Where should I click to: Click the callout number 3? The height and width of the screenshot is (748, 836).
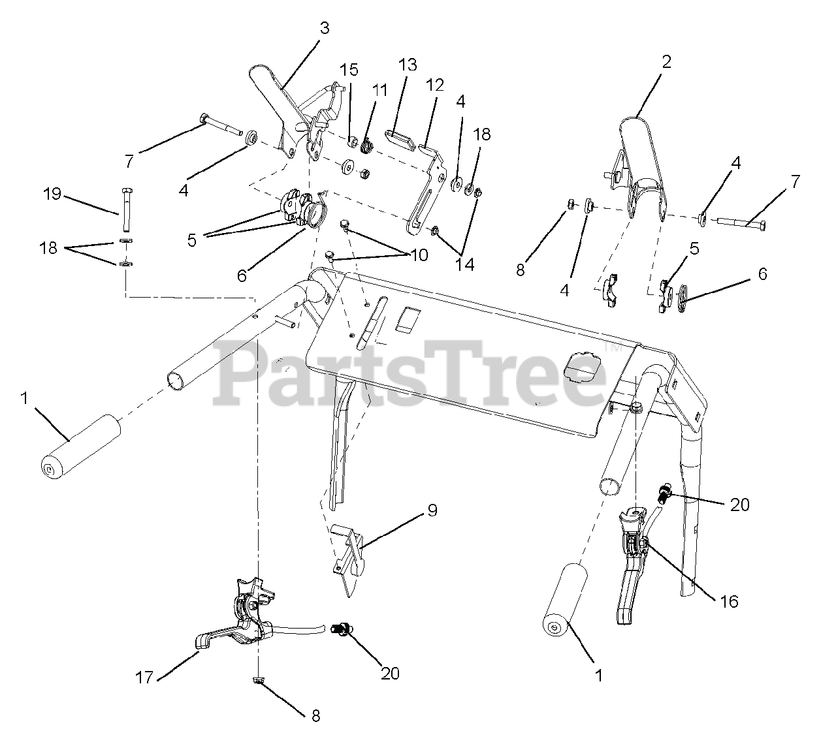point(325,29)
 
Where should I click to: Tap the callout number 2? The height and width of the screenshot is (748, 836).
point(666,62)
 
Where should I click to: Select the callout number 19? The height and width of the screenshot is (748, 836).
point(52,194)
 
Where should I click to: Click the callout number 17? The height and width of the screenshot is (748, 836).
point(144,678)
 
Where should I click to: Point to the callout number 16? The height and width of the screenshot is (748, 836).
point(729,602)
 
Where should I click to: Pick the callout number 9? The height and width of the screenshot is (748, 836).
point(432,510)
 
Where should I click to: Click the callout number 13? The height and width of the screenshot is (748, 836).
point(408,65)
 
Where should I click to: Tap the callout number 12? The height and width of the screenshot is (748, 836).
point(434,86)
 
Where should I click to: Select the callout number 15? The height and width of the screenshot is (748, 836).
point(349,70)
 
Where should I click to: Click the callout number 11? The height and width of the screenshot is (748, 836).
point(379,90)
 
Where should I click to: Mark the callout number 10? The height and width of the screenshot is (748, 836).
point(419,255)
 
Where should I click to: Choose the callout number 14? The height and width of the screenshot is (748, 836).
point(464,265)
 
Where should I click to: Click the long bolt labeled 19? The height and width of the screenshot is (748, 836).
point(126,209)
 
